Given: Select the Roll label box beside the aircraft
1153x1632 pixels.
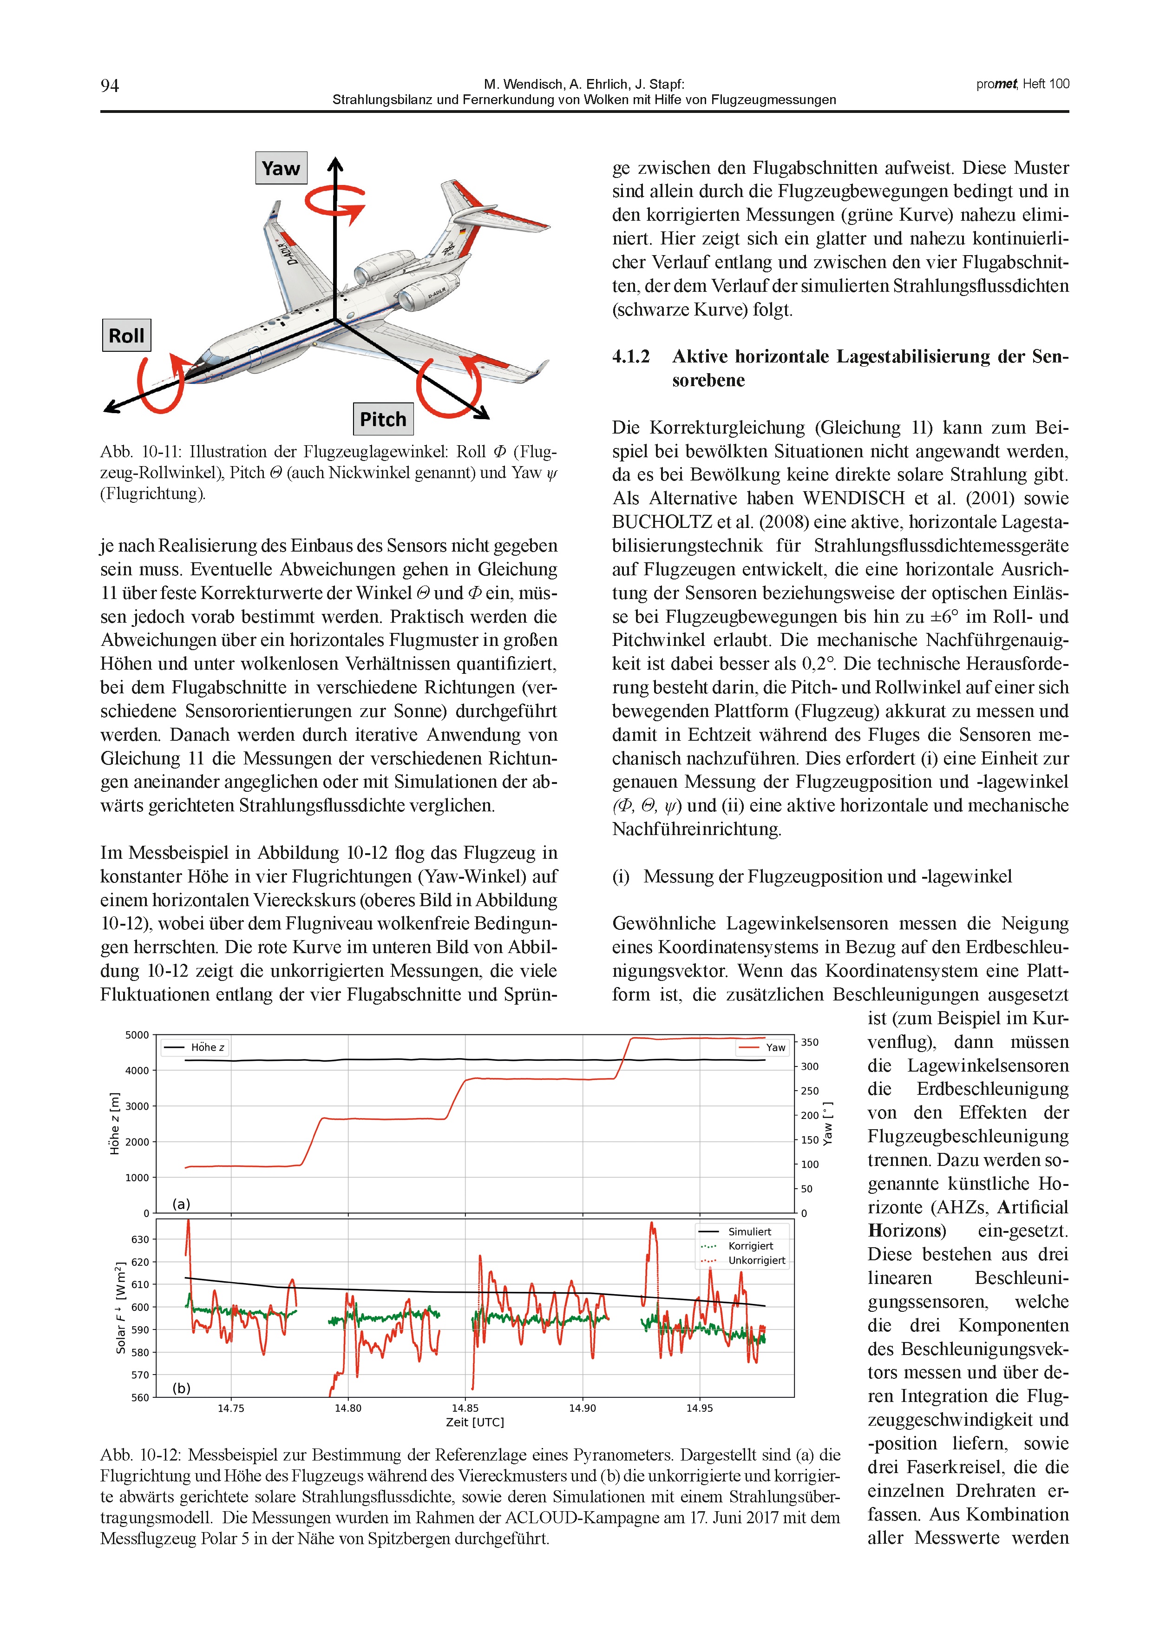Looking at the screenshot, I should [126, 336].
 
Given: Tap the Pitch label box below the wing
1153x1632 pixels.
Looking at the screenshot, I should [383, 419].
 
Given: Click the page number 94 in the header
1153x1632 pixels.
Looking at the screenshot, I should [110, 86].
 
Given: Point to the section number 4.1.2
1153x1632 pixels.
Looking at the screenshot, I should [631, 356].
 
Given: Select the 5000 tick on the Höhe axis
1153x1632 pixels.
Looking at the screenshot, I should [137, 1035].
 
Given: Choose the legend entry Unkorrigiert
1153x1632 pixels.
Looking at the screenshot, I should [756, 1260].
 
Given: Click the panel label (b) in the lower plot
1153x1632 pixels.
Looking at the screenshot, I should [181, 1388].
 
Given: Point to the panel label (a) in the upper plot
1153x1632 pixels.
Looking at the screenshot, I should [181, 1204].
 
